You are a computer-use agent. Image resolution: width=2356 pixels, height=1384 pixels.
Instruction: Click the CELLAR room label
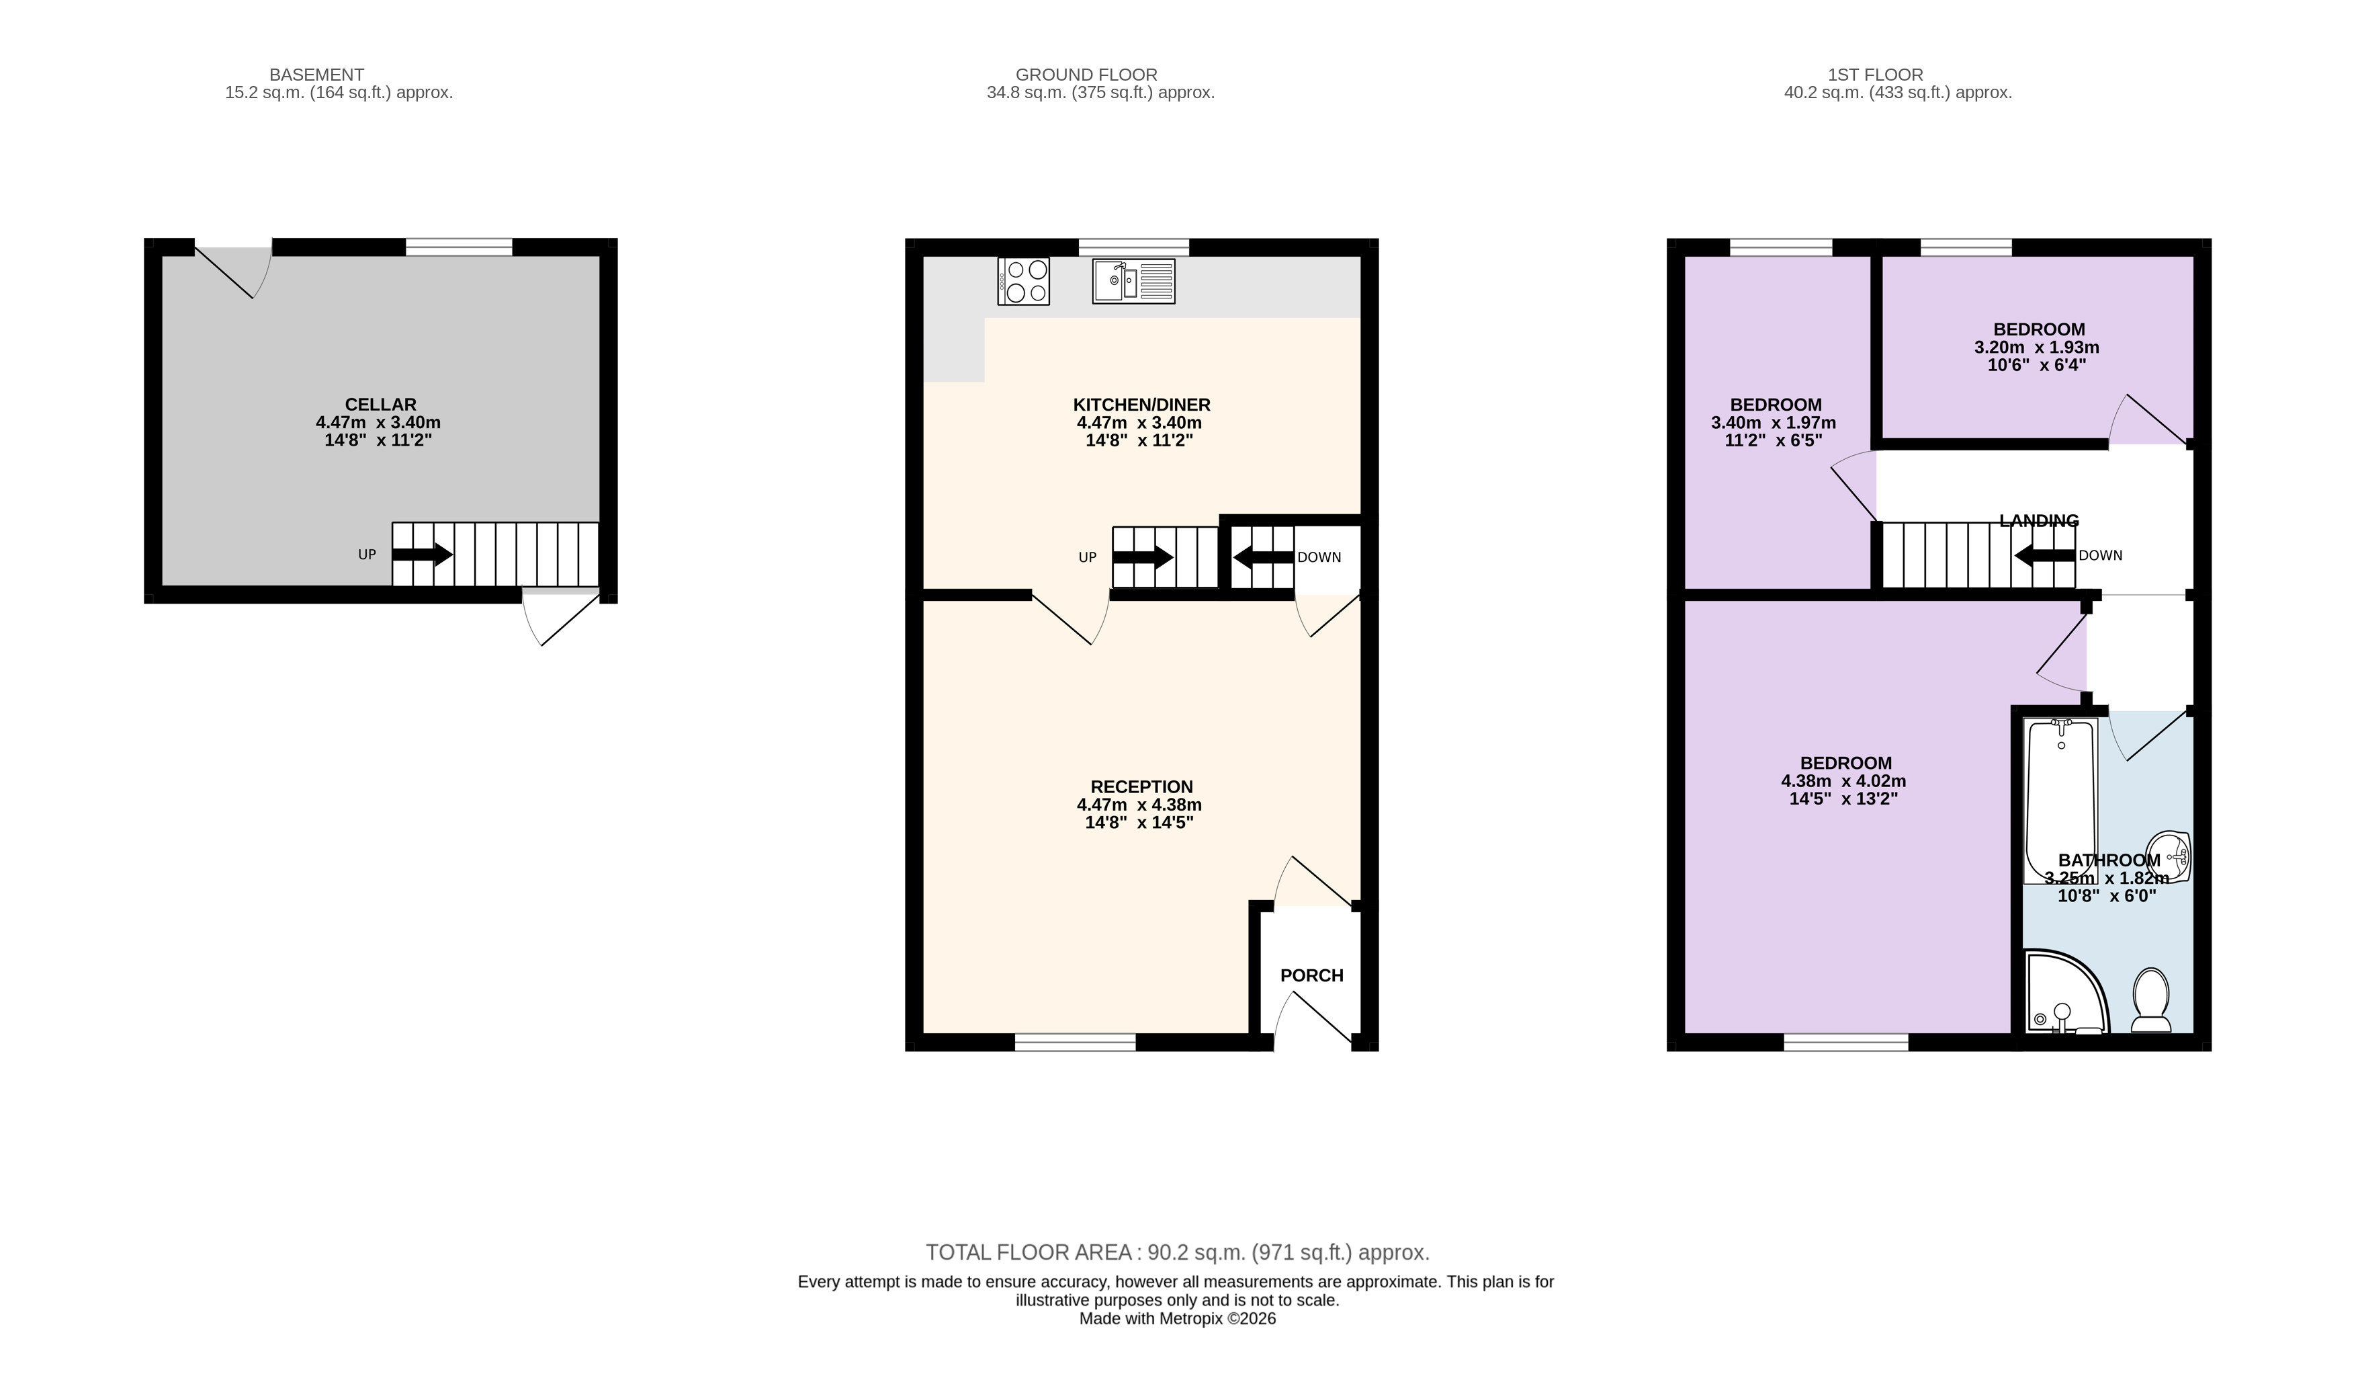tap(380, 405)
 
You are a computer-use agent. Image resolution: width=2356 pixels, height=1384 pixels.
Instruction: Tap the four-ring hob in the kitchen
tap(1024, 280)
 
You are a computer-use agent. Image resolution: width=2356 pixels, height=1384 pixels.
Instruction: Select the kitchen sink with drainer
tap(1133, 280)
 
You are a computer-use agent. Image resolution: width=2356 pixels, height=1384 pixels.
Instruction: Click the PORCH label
tap(1312, 975)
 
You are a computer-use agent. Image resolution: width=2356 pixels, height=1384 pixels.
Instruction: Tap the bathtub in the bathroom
tap(2060, 801)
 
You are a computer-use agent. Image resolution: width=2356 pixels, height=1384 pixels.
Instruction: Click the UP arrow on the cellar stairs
tap(423, 555)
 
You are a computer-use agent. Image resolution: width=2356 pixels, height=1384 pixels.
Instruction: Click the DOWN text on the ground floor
tap(1319, 557)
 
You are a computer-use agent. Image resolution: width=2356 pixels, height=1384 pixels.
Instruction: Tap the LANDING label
tap(2039, 521)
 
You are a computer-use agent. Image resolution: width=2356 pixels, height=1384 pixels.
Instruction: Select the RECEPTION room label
tap(1141, 787)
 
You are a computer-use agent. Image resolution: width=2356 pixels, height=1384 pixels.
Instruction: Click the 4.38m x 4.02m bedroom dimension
tap(1843, 781)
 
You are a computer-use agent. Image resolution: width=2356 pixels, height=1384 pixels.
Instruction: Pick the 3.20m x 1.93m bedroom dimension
tap(2037, 347)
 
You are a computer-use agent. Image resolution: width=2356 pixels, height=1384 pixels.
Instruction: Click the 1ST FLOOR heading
tap(1876, 75)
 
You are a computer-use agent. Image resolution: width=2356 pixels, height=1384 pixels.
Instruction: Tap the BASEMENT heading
tap(317, 75)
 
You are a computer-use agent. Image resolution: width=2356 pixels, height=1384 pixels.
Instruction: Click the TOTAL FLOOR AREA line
tap(1178, 1252)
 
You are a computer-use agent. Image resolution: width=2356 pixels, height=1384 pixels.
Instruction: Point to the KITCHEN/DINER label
tap(1141, 405)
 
